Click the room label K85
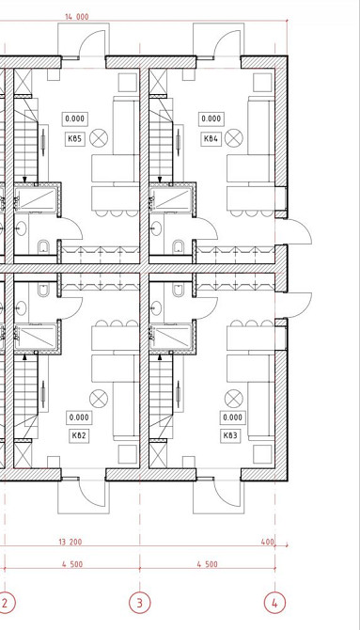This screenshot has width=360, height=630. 75,139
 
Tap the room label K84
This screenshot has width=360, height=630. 211,139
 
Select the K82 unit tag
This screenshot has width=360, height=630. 79,436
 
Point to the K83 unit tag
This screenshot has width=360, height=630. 230,436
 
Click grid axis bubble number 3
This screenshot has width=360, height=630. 140,603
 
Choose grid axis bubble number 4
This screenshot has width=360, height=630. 274,603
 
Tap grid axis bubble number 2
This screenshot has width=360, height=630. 5,603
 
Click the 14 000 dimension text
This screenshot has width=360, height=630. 76,17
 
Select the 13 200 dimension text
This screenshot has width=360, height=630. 70,542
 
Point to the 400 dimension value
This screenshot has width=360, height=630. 267,542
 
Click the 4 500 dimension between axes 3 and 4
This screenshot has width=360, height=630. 208,564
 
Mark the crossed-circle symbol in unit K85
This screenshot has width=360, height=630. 99,138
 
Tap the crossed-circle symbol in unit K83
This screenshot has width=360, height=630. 234,399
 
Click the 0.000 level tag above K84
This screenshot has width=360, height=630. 211,118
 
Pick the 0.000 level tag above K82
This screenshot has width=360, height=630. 79,417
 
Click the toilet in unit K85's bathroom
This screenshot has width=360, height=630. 43,247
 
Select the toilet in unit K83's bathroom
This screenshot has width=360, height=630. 179,290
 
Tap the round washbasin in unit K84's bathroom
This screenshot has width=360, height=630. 156,228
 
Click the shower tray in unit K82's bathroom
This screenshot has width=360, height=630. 36,337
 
